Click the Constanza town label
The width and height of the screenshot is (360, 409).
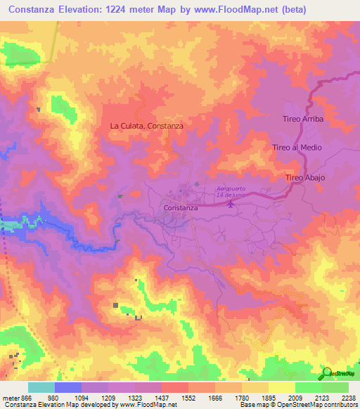[x=180, y=209]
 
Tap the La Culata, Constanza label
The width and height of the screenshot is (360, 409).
[x=147, y=126]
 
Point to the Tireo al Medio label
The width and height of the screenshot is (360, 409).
[x=297, y=148]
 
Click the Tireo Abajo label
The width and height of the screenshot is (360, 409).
[x=305, y=178]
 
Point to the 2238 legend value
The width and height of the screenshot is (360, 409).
[x=349, y=397]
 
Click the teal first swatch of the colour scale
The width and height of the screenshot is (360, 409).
[x=41, y=387]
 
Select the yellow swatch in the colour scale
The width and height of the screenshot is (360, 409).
[x=281, y=387]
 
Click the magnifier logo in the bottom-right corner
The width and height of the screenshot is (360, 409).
[x=326, y=372]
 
